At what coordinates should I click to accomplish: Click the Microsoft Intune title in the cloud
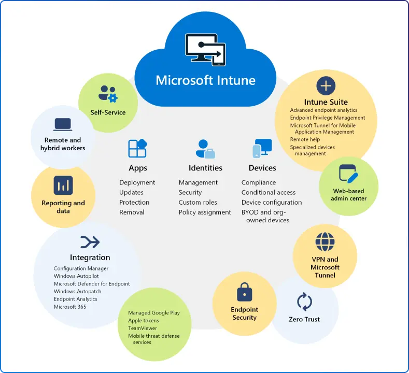click(x=205, y=81)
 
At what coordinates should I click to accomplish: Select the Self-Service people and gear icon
click(x=108, y=94)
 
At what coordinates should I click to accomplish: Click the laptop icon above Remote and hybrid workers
click(x=63, y=125)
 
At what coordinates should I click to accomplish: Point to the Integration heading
click(x=90, y=257)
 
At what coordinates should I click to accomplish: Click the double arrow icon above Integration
click(x=90, y=242)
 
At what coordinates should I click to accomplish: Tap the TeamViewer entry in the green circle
click(x=143, y=328)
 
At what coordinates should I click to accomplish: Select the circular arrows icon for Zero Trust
click(x=304, y=302)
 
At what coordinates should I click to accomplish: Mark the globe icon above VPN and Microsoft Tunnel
click(x=325, y=241)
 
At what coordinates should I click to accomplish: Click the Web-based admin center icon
click(x=348, y=174)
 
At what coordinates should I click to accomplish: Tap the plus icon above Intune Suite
click(x=326, y=85)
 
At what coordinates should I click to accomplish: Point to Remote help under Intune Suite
click(x=305, y=139)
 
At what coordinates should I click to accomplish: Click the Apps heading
click(x=138, y=168)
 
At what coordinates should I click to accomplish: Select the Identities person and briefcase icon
click(x=205, y=149)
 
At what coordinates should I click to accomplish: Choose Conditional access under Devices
click(x=269, y=192)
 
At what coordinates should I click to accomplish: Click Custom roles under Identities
click(x=198, y=202)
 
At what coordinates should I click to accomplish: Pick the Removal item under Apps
click(x=132, y=212)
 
